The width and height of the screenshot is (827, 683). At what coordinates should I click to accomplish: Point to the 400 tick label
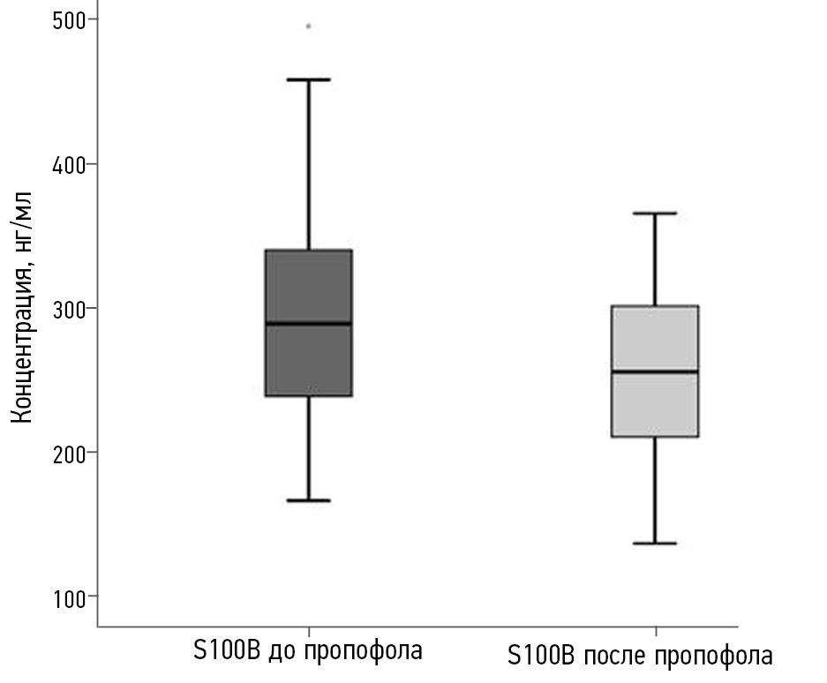coord(63,164)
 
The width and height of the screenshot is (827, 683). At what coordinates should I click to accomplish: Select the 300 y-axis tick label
coord(63,308)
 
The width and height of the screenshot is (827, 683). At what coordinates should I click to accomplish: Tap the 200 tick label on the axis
coord(63,453)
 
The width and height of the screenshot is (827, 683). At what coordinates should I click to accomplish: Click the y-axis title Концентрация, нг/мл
coord(24,305)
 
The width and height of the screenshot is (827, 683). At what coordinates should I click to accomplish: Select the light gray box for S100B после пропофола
coord(656,406)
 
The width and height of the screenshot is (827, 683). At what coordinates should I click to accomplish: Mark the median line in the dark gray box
coord(309,324)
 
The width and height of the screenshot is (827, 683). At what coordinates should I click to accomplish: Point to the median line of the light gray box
coord(656,372)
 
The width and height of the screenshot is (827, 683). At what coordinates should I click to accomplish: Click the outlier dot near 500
coord(308,26)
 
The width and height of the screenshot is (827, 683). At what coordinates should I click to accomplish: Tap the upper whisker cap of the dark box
coord(309,79)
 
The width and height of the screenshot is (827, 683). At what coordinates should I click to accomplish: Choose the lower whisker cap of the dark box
coord(309,500)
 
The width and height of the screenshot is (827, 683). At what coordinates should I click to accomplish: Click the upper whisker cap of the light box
coord(656,214)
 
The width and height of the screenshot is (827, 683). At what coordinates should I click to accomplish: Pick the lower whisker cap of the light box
coord(656,544)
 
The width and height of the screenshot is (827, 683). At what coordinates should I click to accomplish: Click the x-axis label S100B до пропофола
coord(308,652)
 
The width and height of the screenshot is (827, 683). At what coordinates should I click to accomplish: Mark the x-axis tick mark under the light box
coord(656,631)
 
